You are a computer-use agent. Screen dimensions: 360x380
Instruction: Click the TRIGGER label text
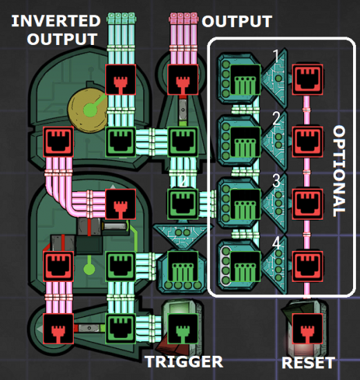[184, 362]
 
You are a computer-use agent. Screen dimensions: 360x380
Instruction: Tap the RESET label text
[308, 363]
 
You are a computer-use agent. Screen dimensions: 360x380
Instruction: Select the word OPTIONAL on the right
[339, 171]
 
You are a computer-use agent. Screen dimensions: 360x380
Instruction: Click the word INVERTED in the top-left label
[56, 21]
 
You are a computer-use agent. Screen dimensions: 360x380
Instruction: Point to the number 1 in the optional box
[276, 56]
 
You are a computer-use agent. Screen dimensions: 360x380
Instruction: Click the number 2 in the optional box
[276, 119]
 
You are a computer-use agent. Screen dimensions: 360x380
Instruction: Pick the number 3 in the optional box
[276, 180]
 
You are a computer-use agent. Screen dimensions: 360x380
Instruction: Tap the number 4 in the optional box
[276, 243]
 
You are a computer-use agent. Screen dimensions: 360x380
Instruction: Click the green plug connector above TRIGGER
[183, 329]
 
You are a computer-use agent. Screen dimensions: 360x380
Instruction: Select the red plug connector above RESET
[307, 329]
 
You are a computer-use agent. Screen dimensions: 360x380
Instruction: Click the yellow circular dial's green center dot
[90, 111]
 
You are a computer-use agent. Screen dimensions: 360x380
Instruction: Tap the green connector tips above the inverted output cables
[121, 18]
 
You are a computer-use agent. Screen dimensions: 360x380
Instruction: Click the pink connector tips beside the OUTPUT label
[184, 18]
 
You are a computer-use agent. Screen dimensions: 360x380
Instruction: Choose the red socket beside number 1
[307, 79]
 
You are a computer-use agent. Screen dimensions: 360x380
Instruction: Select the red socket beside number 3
[307, 204]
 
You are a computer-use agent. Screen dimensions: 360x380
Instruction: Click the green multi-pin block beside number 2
[245, 142]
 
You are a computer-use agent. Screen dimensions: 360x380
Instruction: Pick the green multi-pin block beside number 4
[245, 266]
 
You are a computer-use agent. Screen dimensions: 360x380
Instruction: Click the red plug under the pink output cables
[183, 79]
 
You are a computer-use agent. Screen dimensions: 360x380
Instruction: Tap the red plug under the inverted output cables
[120, 79]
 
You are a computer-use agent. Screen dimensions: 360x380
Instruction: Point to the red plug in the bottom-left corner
[58, 329]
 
